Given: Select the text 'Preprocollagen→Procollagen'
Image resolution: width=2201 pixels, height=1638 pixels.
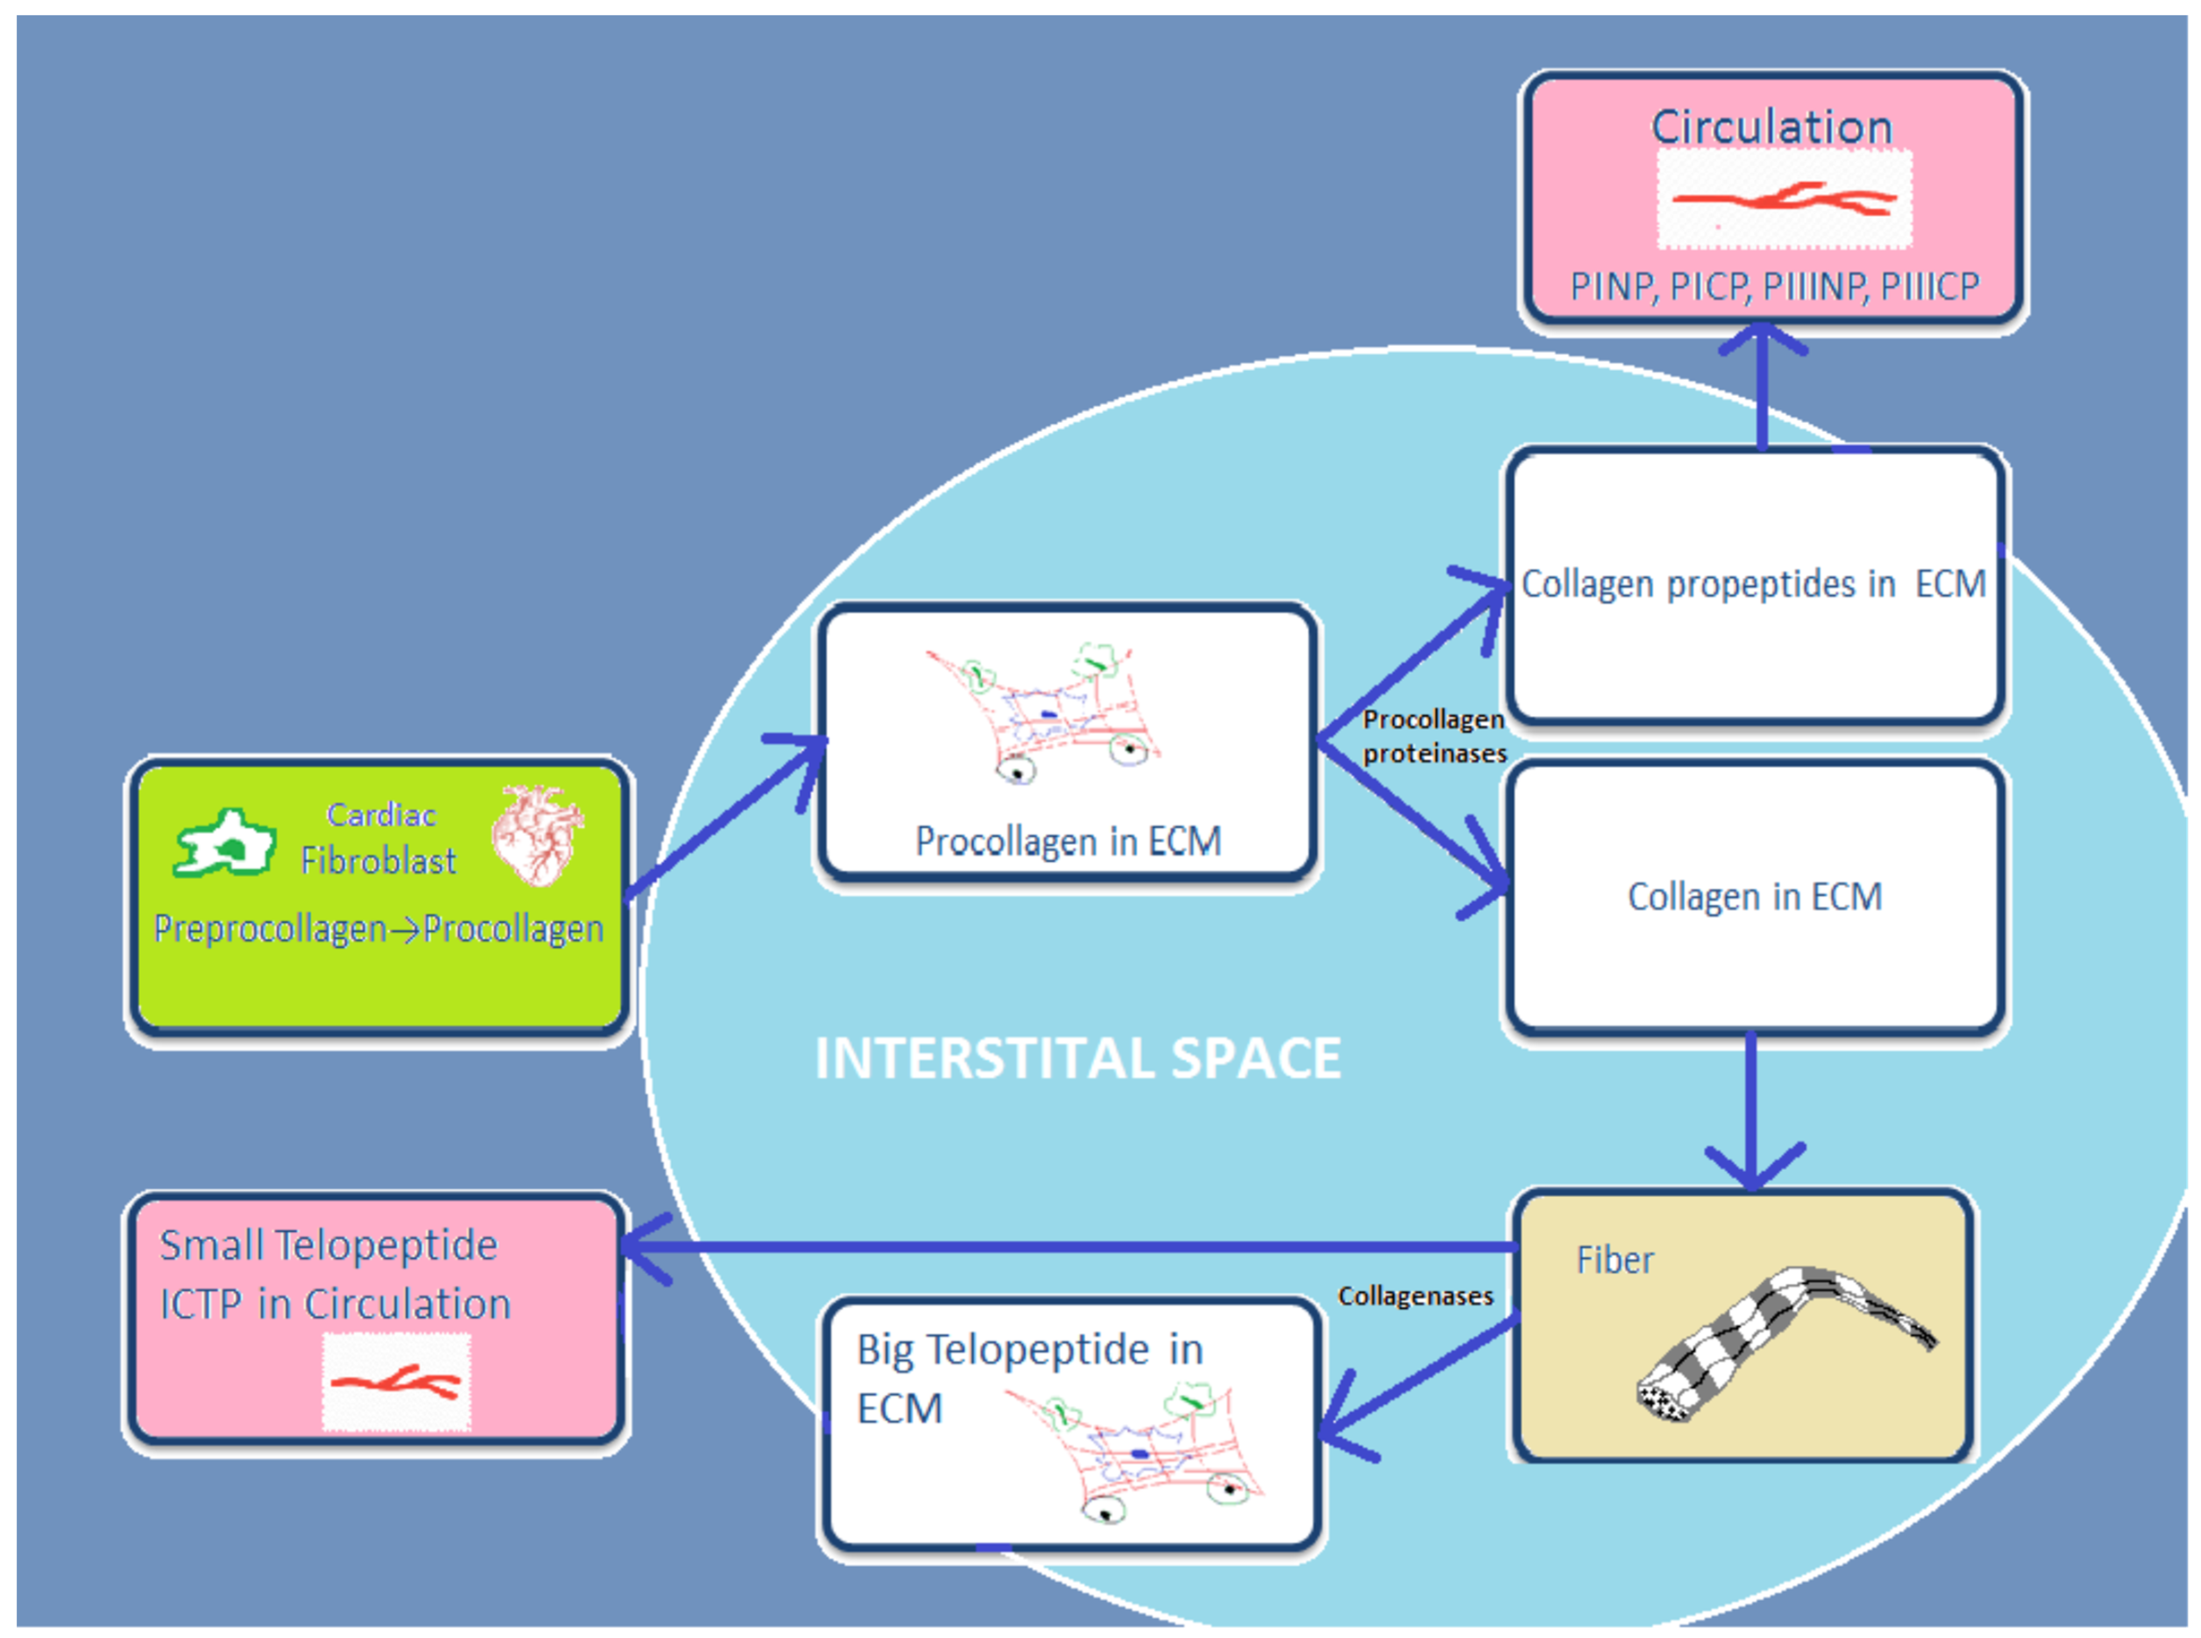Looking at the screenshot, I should [379, 929].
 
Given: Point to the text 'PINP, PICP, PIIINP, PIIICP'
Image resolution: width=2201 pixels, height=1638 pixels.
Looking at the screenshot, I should [1774, 286].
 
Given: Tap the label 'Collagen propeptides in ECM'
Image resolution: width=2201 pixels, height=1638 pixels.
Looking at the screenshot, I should [1753, 584].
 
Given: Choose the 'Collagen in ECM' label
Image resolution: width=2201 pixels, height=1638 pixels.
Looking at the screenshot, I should [1754, 896].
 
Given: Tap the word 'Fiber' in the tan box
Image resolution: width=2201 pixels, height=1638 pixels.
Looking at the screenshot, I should [1614, 1260].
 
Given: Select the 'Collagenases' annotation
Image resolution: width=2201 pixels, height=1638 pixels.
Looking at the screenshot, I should [1415, 1296].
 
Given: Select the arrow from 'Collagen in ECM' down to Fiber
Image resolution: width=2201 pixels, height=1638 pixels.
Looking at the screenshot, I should [1752, 1110].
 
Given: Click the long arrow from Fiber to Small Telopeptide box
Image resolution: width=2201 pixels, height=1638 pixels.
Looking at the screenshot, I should [1071, 1246].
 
